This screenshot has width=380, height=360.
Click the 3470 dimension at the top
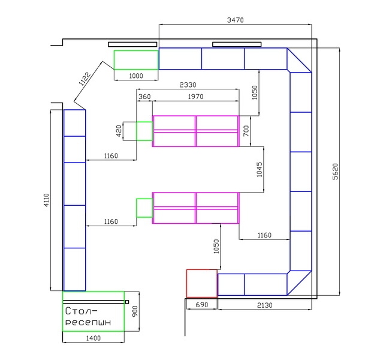236,20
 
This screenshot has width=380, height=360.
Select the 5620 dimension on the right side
335,172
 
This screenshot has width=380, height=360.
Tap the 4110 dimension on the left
46,200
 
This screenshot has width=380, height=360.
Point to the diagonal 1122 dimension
85,79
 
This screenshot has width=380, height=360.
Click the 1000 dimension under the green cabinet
136,76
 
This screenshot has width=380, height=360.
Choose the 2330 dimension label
188,85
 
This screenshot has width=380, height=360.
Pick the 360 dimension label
144,97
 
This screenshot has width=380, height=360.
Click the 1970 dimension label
195,97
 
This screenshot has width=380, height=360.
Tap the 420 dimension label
119,131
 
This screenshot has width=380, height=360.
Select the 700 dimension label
246,131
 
